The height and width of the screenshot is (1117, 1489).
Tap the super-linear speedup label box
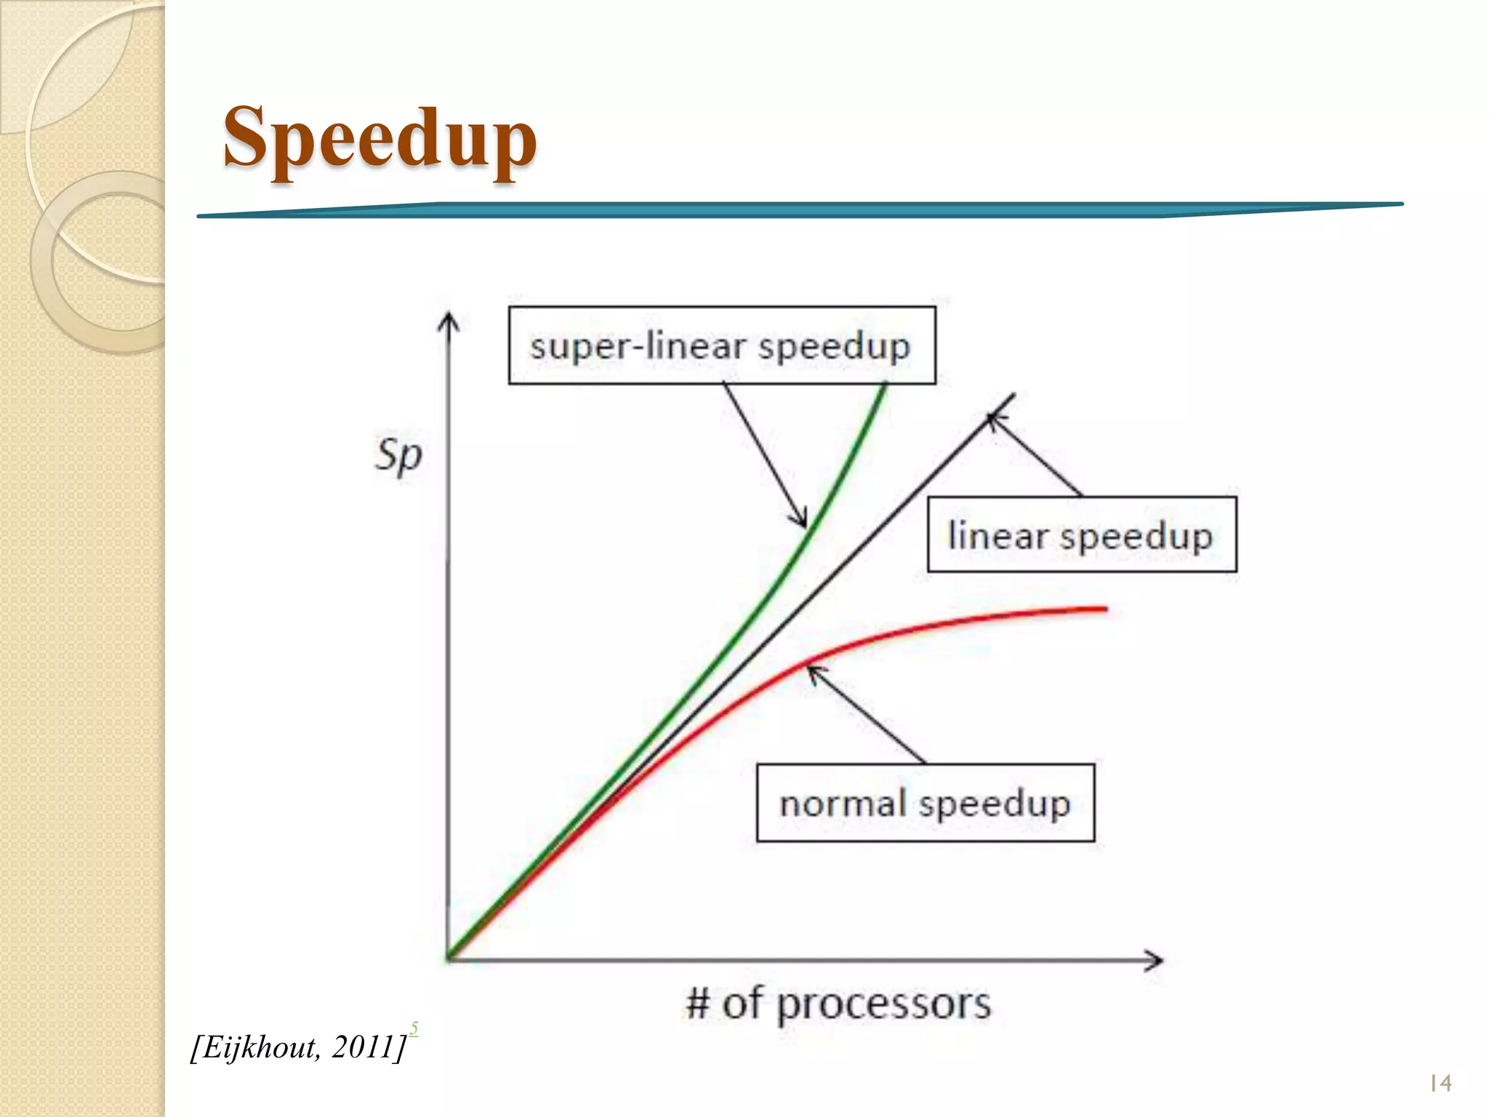(x=721, y=345)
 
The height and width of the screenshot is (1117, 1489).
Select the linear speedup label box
(x=1081, y=535)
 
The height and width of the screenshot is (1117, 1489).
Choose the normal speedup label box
(x=925, y=803)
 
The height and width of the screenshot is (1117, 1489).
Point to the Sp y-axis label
(x=398, y=456)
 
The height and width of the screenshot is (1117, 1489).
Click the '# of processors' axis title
(x=838, y=1004)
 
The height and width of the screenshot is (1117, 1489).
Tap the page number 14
(x=1440, y=1084)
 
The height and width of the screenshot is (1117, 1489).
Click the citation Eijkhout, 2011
(x=298, y=1047)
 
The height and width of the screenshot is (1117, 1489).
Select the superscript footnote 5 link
(x=414, y=1028)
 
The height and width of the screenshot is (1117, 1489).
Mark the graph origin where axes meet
(x=449, y=958)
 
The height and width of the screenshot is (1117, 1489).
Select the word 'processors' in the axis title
(x=883, y=1005)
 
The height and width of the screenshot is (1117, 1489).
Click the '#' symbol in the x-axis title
(x=698, y=1004)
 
